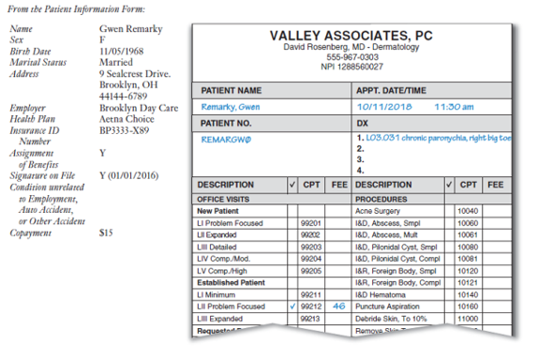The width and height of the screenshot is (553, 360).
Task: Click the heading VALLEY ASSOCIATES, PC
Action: (x=353, y=36)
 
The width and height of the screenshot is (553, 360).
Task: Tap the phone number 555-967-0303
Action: (x=353, y=57)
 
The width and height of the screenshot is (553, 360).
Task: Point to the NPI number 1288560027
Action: (x=353, y=67)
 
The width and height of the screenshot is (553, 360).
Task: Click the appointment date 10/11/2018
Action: (x=385, y=107)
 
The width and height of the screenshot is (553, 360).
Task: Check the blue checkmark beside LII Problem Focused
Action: (x=292, y=306)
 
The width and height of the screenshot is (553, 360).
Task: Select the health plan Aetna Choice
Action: (x=128, y=120)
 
